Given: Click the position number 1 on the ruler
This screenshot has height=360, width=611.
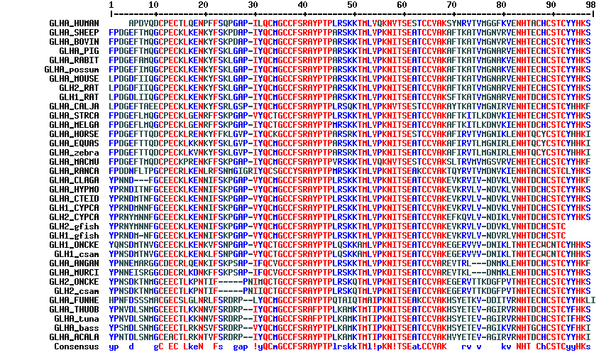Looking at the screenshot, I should click(111, 5).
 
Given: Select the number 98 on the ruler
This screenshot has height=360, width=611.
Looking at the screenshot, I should click(589, 5).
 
